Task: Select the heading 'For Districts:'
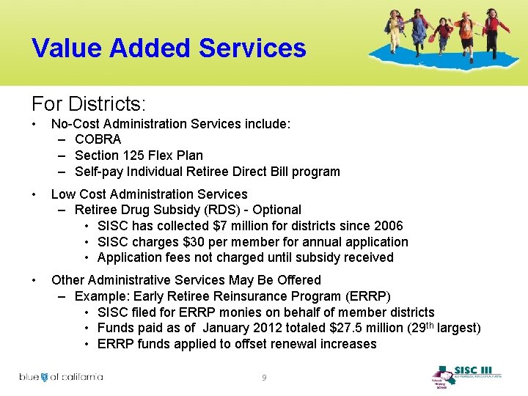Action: click(x=88, y=103)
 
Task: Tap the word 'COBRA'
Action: click(x=98, y=139)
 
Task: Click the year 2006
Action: click(x=388, y=226)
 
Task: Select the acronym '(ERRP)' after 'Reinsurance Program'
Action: click(x=370, y=296)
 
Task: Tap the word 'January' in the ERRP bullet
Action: click(x=228, y=328)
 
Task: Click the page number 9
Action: click(x=265, y=378)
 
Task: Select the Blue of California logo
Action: click(x=61, y=377)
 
